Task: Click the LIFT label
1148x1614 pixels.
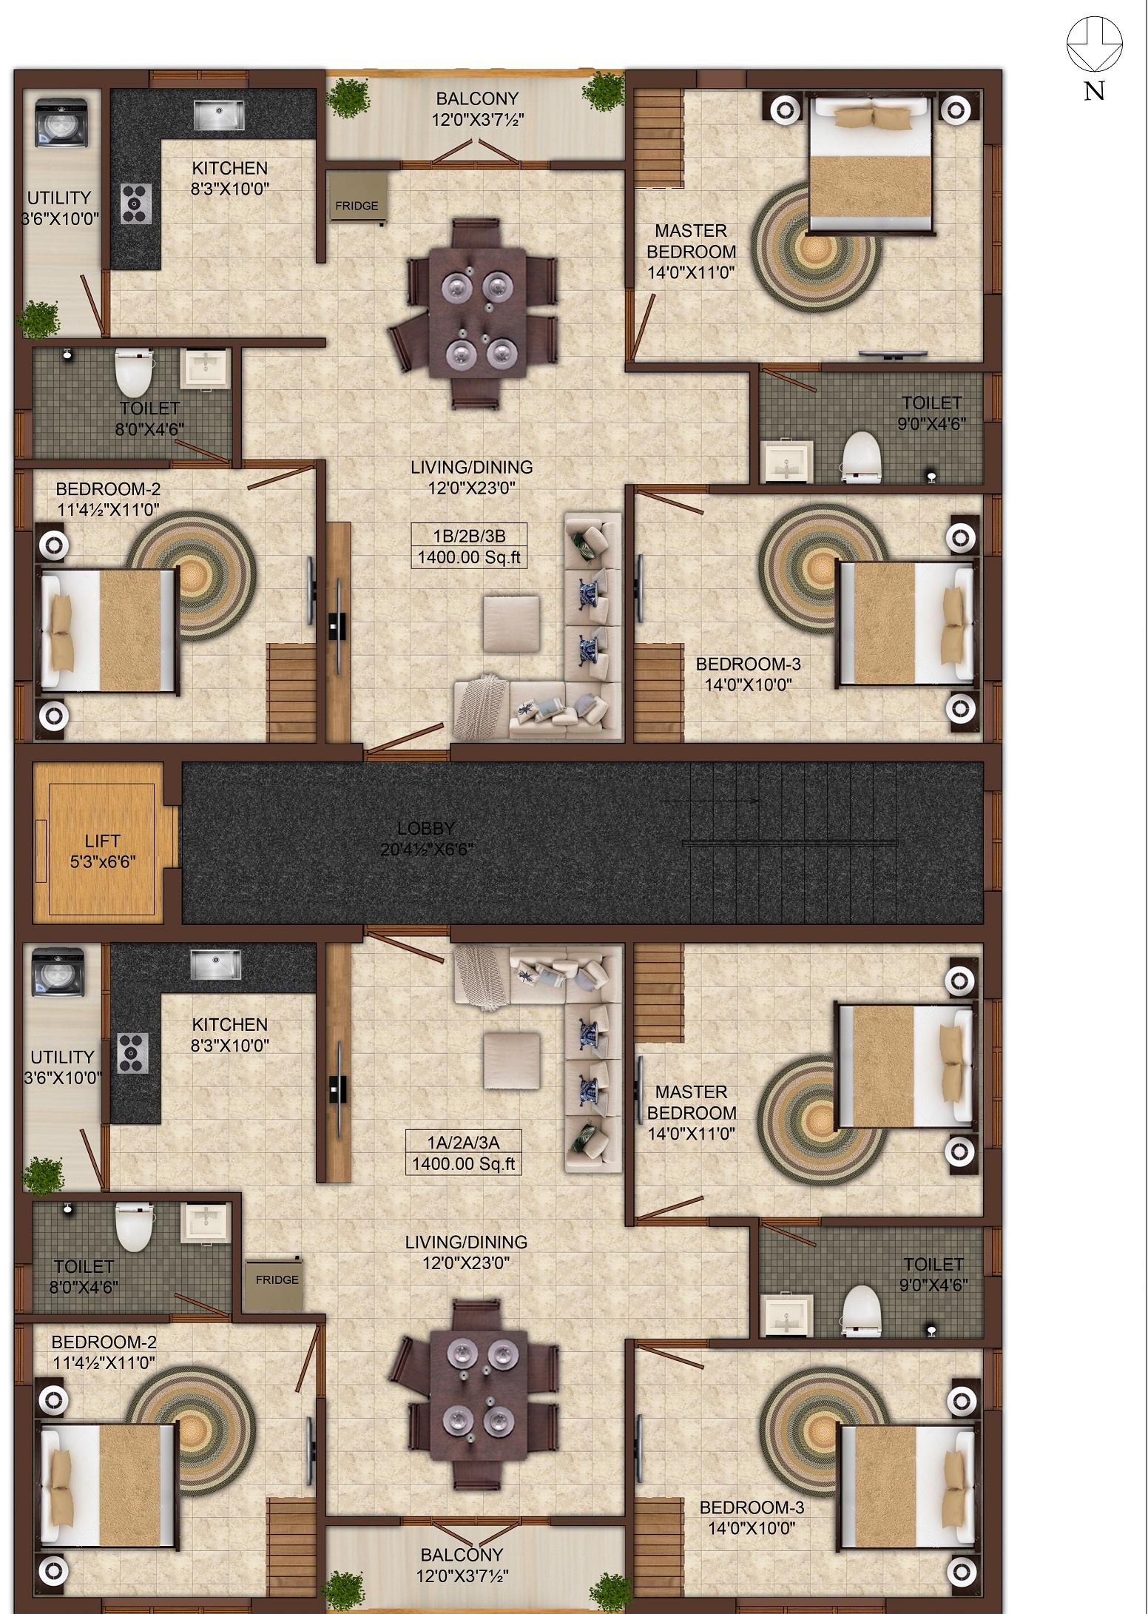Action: [x=102, y=841]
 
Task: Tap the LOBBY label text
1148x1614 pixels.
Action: [x=425, y=828]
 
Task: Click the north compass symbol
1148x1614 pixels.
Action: [x=1094, y=44]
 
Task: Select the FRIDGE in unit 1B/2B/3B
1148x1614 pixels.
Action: [x=358, y=196]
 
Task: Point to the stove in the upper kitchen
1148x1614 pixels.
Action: [x=136, y=204]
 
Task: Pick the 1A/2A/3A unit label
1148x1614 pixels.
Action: [x=464, y=1142]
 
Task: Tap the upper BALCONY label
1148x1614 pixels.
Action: [x=477, y=98]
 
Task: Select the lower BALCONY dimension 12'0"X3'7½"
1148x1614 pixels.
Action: [x=462, y=1576]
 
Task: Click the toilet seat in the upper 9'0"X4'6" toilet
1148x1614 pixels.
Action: [x=862, y=452]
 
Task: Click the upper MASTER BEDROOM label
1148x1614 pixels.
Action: [x=692, y=241]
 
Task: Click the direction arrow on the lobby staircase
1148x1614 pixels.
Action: [x=711, y=801]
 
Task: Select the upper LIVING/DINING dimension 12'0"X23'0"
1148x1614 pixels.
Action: [x=472, y=488]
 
